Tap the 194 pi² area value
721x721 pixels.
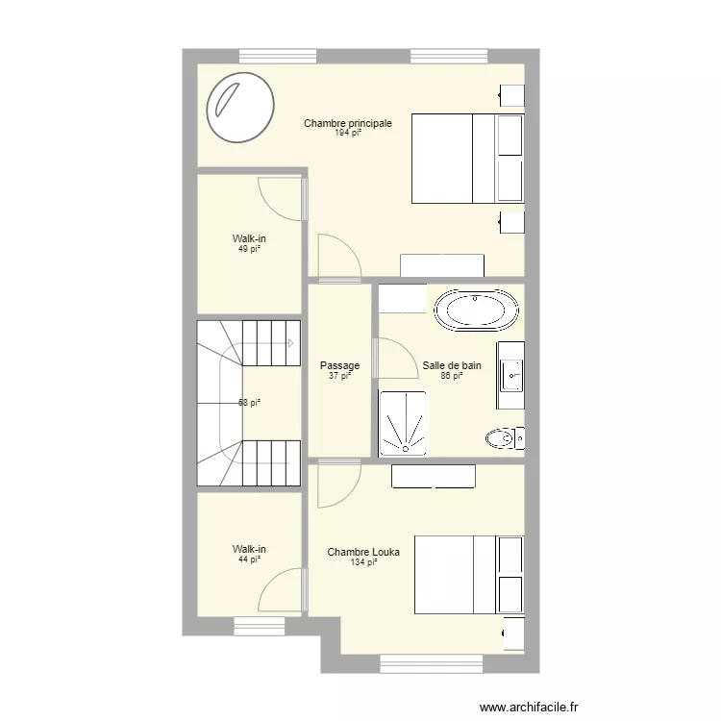347,134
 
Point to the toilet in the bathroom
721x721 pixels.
503,439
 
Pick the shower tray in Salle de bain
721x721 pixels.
403,423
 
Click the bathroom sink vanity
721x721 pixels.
510,367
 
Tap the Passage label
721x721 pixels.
339,366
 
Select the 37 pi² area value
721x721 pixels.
339,376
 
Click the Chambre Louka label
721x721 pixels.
363,553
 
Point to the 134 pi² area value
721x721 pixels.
363,562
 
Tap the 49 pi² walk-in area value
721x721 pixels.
250,248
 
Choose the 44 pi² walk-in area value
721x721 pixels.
250,559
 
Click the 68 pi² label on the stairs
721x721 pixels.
250,403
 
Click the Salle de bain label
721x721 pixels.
452,366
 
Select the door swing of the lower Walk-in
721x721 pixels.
281,589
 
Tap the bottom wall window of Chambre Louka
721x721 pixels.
431,662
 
